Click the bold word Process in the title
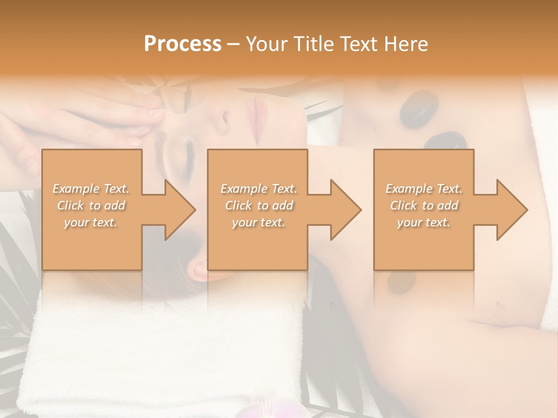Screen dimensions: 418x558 coord(183,44)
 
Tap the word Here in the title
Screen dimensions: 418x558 coord(406,44)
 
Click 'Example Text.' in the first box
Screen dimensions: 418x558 coord(91,189)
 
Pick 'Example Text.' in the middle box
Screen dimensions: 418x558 coord(258,189)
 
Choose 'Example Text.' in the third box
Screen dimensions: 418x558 coord(424,189)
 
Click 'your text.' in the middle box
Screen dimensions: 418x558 coord(258,222)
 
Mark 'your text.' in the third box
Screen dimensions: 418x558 coord(424,222)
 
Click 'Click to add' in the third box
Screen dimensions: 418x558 coord(424,206)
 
